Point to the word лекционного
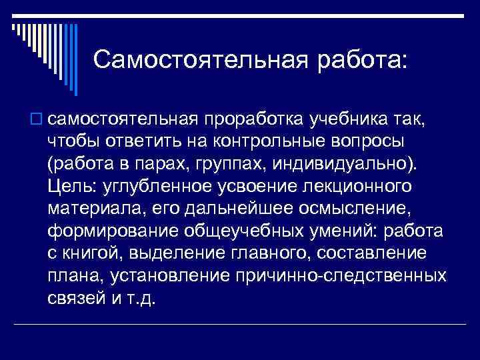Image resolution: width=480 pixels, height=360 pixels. coord(356,185)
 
